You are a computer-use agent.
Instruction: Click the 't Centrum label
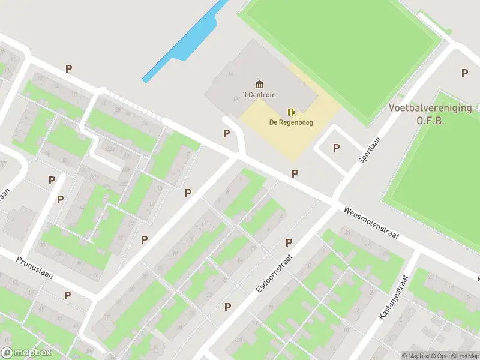click(259, 95)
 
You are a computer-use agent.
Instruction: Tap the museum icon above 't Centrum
click(259, 83)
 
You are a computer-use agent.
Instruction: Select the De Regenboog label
click(290, 123)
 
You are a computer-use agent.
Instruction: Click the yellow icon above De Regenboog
click(291, 112)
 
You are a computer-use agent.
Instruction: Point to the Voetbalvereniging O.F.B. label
click(430, 114)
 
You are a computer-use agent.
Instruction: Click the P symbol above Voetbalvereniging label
click(464, 73)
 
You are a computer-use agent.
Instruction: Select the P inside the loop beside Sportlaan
click(336, 148)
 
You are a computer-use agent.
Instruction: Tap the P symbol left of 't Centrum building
click(226, 133)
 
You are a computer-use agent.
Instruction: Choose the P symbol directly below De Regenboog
click(295, 173)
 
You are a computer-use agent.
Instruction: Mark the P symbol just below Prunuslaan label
click(68, 295)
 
